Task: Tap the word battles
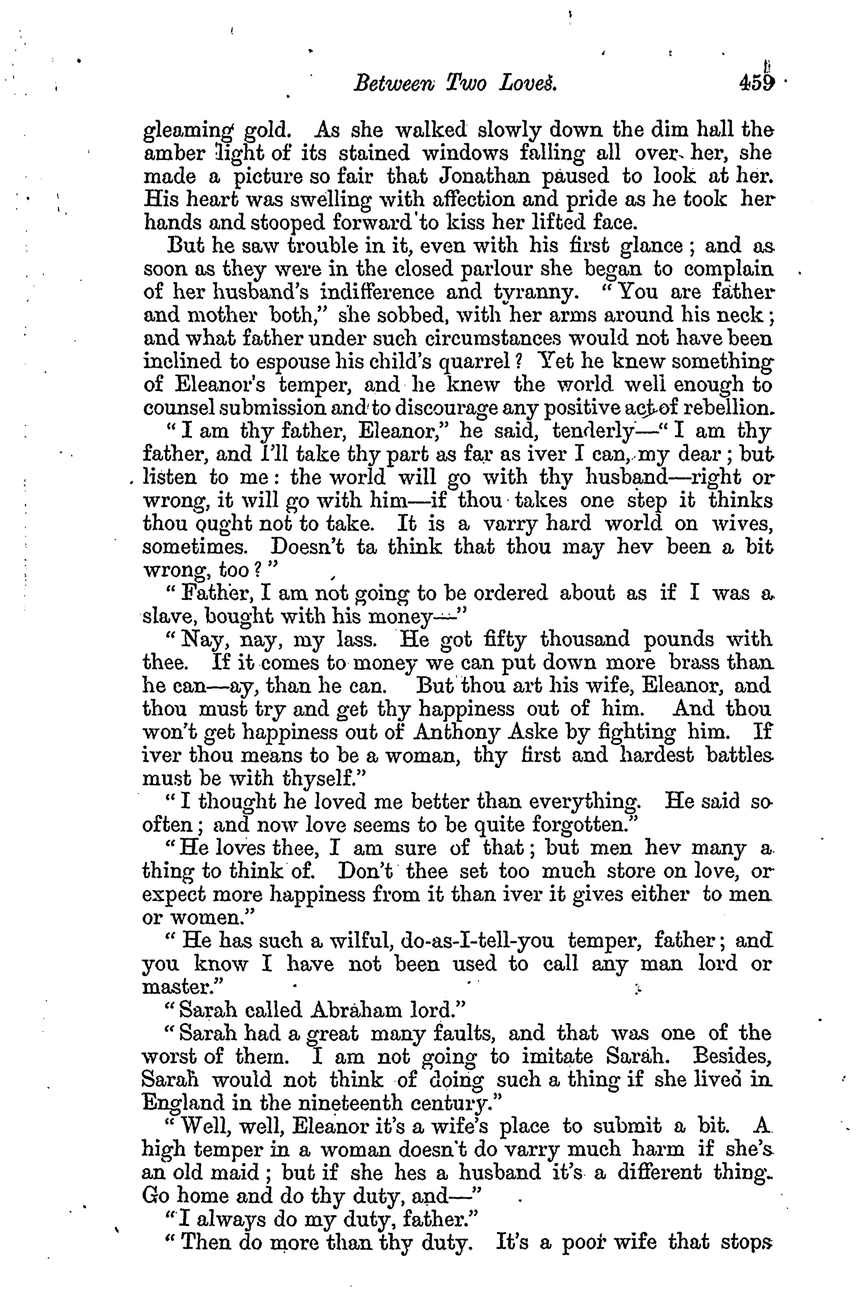pos(738,755)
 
